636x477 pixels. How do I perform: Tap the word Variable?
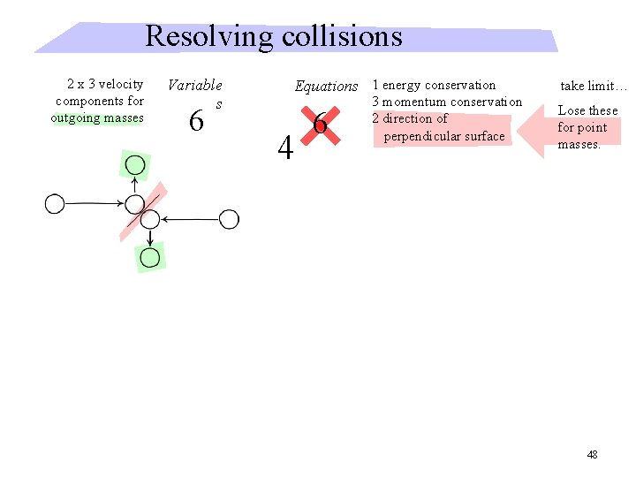[x=194, y=86]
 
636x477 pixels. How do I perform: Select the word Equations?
[x=326, y=87]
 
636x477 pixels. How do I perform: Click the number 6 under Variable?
[x=197, y=121]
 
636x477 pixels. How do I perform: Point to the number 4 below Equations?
[x=284, y=148]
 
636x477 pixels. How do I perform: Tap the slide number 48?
[x=592, y=454]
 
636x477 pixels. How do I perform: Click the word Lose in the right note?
[x=572, y=111]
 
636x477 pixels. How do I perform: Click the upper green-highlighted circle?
[x=135, y=165]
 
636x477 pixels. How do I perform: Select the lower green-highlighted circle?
[x=150, y=258]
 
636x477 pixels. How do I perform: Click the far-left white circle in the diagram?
[x=55, y=204]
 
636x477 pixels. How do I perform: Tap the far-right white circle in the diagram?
[x=229, y=219]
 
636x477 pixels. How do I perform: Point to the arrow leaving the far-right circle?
[x=190, y=219]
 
